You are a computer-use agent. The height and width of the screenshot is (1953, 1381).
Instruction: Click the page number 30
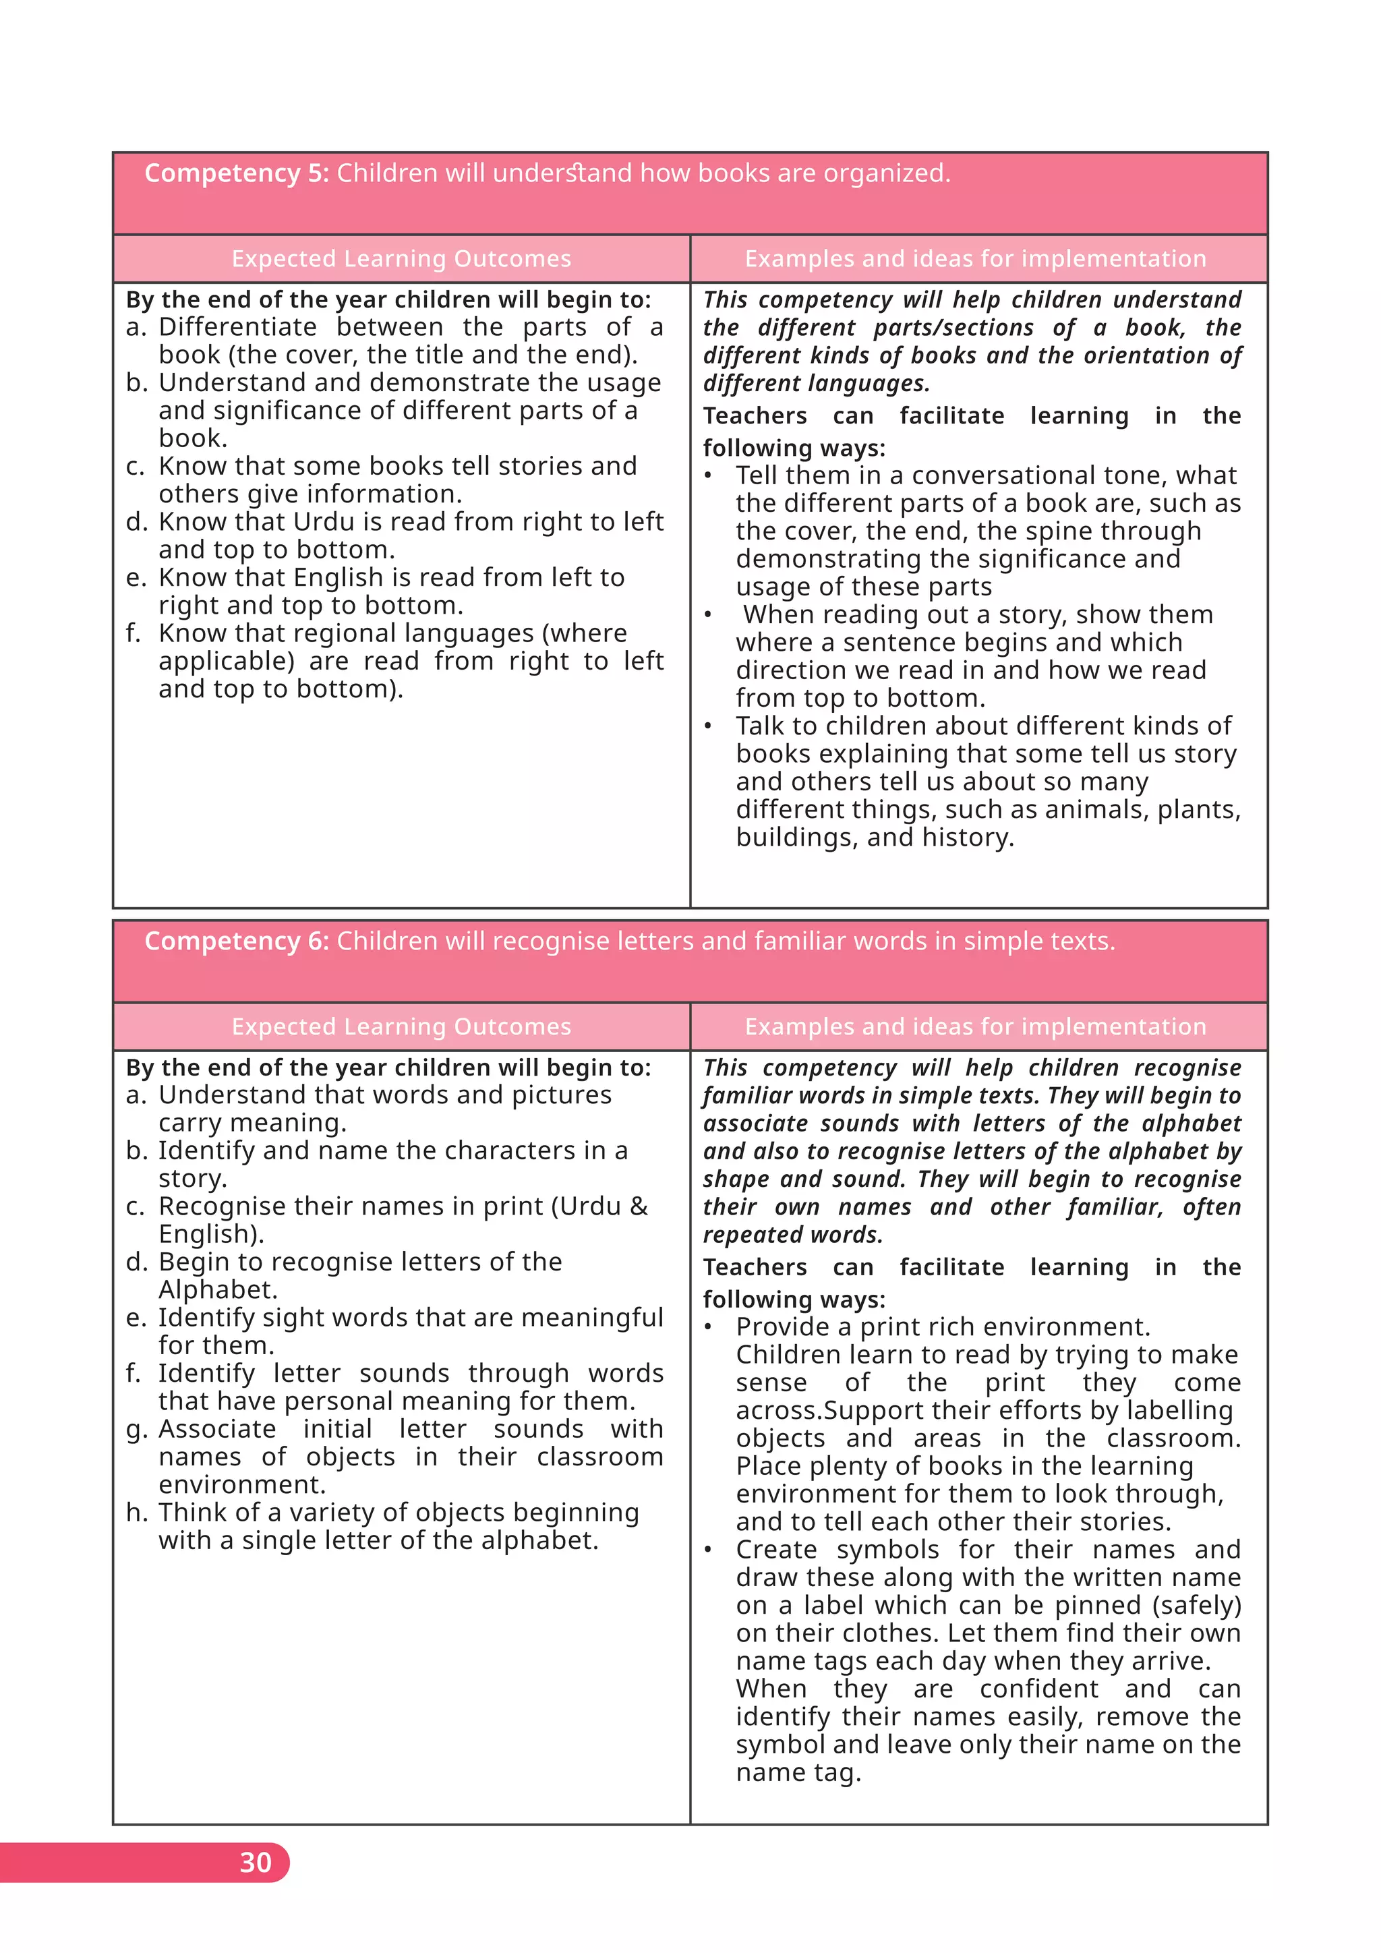(x=255, y=1862)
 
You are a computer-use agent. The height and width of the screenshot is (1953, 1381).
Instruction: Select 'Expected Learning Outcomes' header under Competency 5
(x=401, y=258)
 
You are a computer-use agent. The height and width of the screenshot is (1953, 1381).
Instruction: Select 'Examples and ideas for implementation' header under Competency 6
(x=975, y=1026)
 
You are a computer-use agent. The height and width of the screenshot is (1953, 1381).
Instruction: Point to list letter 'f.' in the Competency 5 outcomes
(x=134, y=634)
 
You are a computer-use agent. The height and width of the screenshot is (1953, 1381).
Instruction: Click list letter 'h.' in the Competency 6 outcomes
(x=136, y=1513)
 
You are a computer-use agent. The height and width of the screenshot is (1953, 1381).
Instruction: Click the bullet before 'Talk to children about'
(x=708, y=726)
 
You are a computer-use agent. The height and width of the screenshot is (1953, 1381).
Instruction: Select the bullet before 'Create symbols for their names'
(x=708, y=1550)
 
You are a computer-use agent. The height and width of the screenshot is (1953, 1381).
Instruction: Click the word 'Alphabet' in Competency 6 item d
(x=217, y=1289)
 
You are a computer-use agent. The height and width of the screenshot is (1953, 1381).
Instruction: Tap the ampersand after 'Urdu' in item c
(x=639, y=1206)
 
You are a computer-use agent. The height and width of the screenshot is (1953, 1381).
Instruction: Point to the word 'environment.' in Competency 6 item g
(x=242, y=1484)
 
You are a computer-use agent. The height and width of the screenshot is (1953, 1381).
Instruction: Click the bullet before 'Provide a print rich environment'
(x=708, y=1327)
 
